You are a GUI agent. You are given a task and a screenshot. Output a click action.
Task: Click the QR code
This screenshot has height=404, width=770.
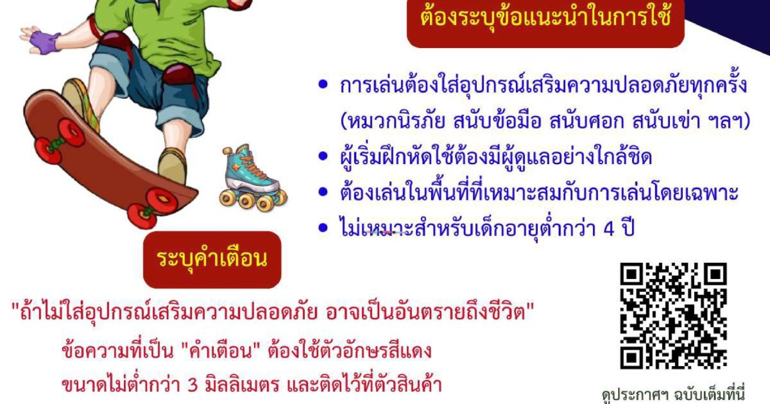(x=673, y=316)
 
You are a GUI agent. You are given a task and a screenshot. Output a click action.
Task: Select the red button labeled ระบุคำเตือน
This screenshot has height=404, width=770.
(x=212, y=260)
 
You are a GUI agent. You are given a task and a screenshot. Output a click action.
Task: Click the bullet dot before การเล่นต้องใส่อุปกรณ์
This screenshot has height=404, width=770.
(x=323, y=85)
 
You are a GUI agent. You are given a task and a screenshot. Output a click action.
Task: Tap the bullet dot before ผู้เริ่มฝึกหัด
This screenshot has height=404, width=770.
(x=323, y=156)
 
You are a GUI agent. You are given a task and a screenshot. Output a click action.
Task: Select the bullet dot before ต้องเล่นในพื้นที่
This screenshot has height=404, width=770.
(x=323, y=192)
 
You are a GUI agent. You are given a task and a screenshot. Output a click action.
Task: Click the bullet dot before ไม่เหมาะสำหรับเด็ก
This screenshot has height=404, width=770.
(x=323, y=228)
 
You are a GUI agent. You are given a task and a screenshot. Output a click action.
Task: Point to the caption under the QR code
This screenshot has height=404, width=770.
(x=672, y=396)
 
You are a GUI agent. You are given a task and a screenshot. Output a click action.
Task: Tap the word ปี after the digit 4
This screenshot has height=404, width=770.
(x=628, y=228)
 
